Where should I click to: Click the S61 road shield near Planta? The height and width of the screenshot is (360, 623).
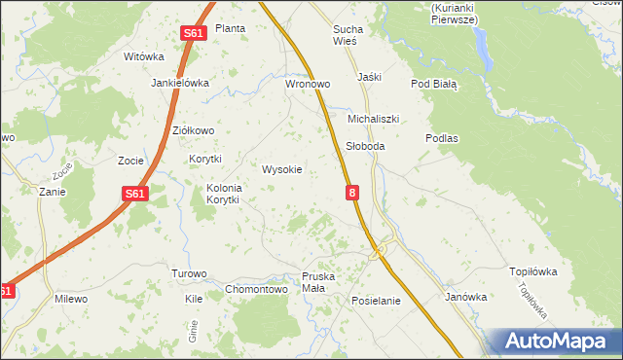[x=194, y=33]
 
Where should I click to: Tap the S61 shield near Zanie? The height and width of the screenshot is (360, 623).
[x=135, y=195]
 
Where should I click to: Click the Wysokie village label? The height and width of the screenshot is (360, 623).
[x=282, y=169]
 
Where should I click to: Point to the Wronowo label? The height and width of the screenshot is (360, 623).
[x=308, y=85]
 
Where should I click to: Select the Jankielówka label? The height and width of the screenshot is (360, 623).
[x=180, y=84]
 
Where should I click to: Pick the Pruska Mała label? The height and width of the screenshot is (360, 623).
[x=318, y=283]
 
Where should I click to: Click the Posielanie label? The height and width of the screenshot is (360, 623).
[x=376, y=301]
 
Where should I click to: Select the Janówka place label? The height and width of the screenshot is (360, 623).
[x=465, y=297]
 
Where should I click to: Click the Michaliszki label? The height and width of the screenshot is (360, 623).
[x=374, y=119]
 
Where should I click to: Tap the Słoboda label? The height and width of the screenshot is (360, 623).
[x=366, y=146]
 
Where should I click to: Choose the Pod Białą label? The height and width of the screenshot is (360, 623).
[x=434, y=85]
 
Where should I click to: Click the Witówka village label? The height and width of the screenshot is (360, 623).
[x=144, y=56]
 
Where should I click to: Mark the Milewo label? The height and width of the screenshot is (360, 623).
[x=71, y=299]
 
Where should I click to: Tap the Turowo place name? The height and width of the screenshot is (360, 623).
[x=189, y=273]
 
